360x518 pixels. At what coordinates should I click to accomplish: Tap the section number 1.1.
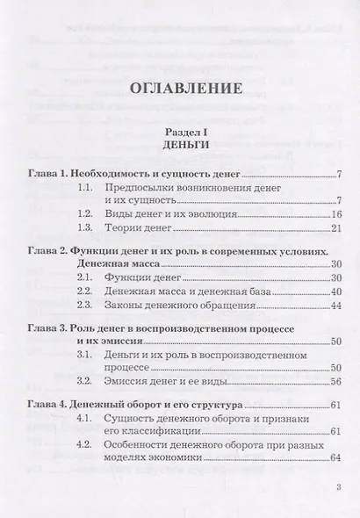84,189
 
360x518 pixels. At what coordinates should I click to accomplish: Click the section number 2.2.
84,290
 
